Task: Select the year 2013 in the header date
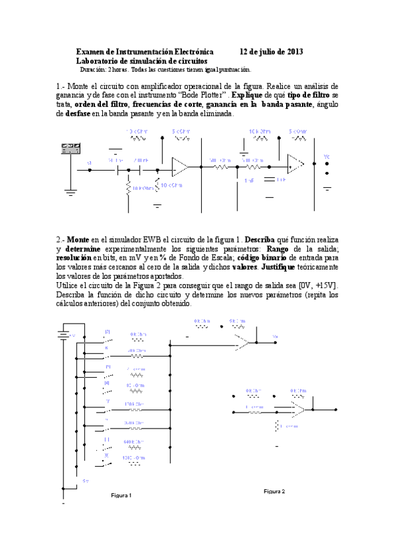tap(293, 51)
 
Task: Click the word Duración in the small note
tap(95, 69)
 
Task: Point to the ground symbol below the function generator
tap(70, 192)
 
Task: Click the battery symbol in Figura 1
tap(64, 335)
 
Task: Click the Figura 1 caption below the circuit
tap(121, 496)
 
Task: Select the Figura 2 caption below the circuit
tap(274, 491)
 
